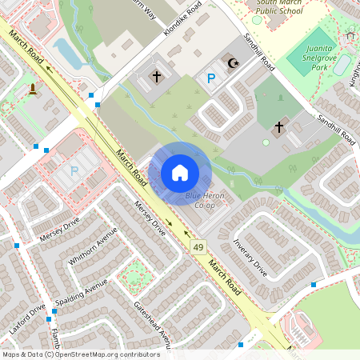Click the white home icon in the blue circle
180,172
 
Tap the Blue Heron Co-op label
206,201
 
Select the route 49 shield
197,249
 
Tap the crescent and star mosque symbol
234,62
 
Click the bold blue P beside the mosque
211,78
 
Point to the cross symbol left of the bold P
157,78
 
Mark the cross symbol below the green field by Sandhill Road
279,126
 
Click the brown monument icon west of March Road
32,88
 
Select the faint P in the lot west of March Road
74,170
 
